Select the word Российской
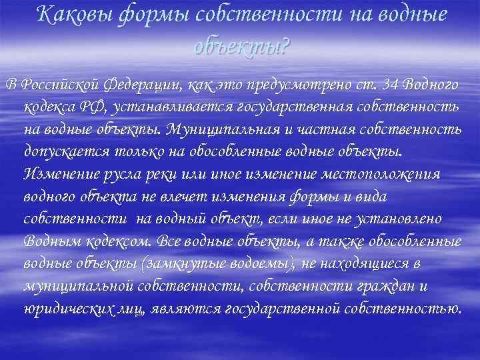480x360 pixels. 56,85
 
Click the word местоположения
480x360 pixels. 385,173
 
